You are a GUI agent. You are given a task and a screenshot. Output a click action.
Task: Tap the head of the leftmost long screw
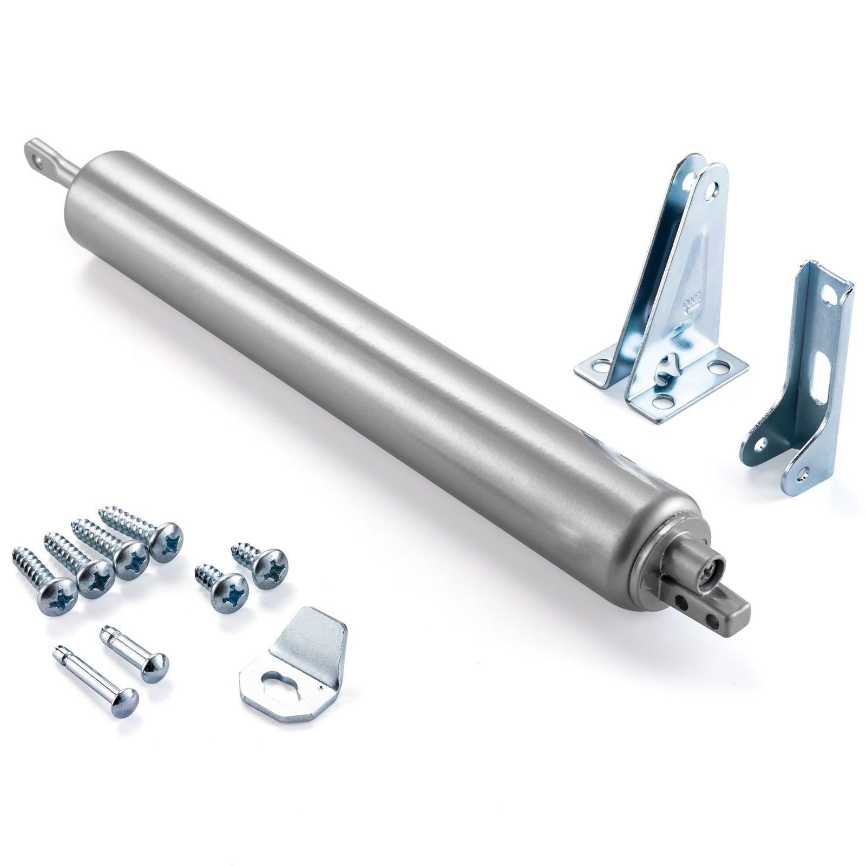click(x=55, y=592)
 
